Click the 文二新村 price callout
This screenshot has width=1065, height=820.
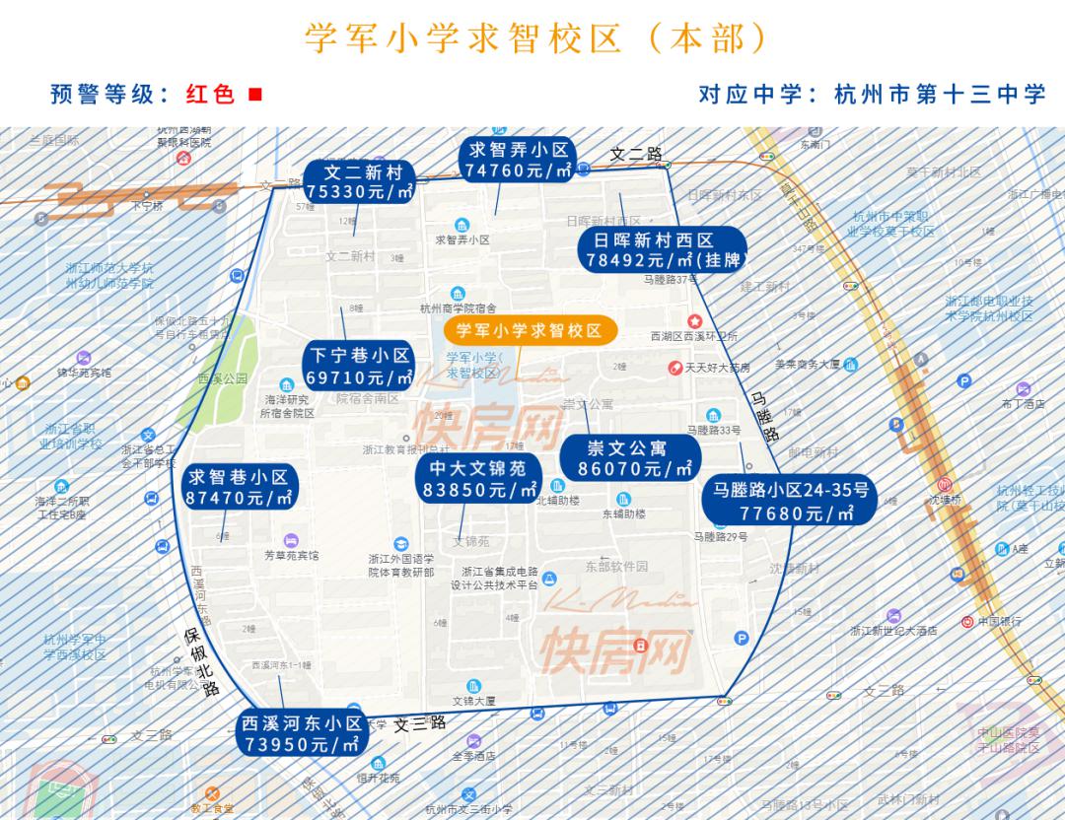coord(361,181)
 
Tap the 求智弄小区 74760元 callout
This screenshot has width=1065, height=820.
coord(519,160)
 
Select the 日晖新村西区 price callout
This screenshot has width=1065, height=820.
coord(660,249)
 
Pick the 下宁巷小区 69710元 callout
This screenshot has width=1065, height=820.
coord(359,366)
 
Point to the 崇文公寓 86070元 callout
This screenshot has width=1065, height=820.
coord(626,458)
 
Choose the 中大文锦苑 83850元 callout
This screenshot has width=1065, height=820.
coord(478,478)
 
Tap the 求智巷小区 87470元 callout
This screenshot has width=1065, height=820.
coord(238,488)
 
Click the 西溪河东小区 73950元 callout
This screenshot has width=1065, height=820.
coord(302,733)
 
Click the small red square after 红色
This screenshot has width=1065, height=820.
coord(254,95)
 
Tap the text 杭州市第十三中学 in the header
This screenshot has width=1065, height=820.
coord(939,95)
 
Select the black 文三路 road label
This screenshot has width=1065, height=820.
coord(420,723)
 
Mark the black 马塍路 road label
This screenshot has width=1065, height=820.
coord(763,416)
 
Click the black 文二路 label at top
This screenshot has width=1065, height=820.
coord(636,154)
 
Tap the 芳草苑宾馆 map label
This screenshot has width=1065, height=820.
coord(291,556)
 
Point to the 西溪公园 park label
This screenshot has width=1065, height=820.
coord(222,378)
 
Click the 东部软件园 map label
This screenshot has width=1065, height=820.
coord(616,566)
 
